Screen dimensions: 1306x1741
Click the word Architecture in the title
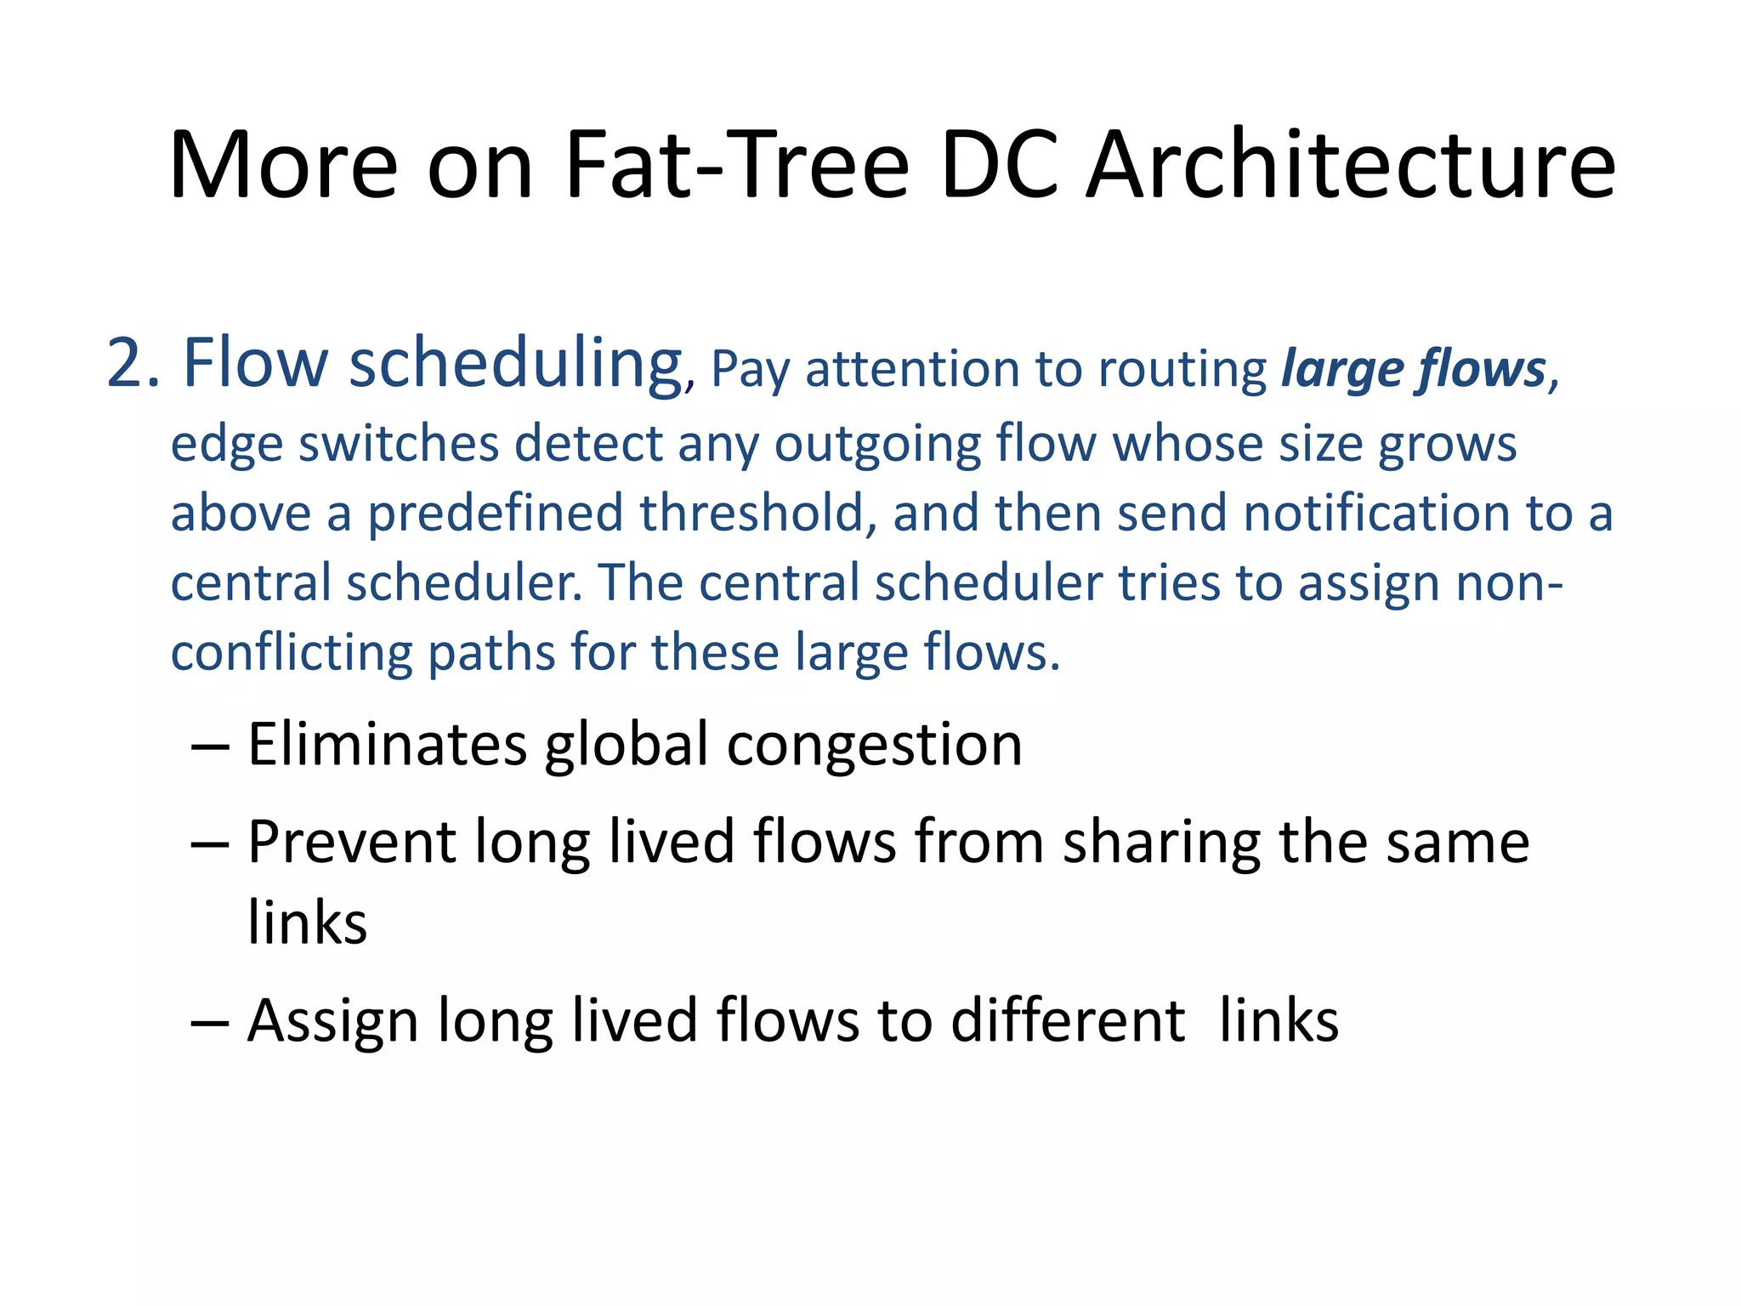[1351, 165]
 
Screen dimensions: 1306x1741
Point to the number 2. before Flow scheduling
[133, 364]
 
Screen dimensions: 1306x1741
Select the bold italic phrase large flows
[1414, 370]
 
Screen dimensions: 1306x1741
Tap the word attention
[912, 370]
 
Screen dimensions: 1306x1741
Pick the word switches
[399, 444]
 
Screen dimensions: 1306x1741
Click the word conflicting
[291, 654]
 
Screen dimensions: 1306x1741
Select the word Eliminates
[387, 744]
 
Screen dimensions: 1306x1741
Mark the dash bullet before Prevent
[210, 843]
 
